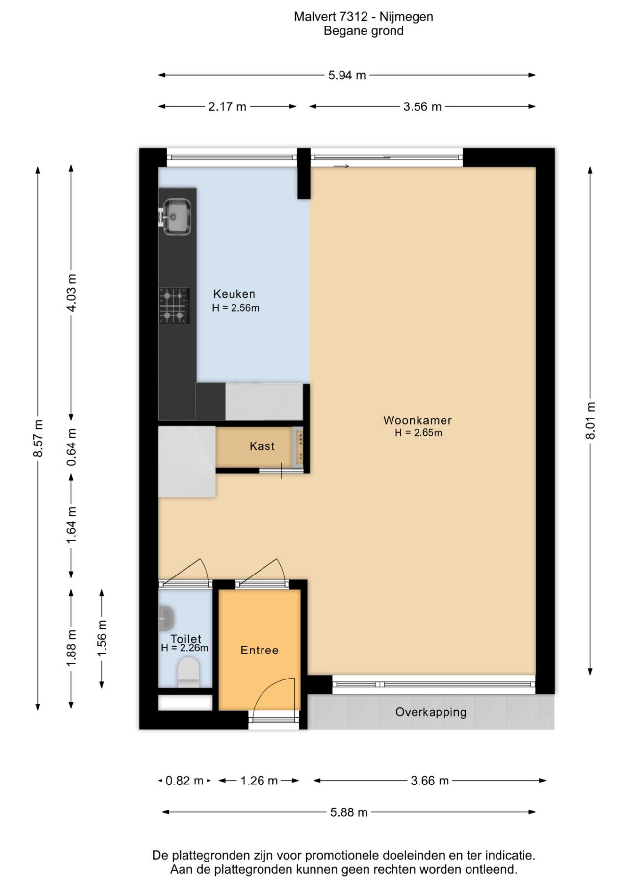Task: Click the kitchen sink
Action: pos(176,216)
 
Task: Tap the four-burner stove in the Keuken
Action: pos(174,306)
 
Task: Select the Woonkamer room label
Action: pos(418,420)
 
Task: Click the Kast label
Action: pos(262,446)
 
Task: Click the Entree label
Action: pos(260,650)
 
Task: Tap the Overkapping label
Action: pos(431,712)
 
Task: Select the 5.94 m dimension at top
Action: pos(347,75)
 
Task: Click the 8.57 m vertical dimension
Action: pos(38,438)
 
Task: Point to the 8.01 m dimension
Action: pos(590,421)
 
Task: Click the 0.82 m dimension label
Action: pos(184,781)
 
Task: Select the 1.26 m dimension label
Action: pos(259,781)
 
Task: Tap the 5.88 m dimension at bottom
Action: pos(349,812)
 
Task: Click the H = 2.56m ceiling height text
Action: pos(235,308)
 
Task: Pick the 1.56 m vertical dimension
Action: pos(102,638)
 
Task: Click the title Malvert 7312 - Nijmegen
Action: pos(364,17)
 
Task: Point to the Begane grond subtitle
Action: pos(364,31)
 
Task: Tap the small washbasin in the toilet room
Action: pos(166,618)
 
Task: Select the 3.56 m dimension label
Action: pos(422,106)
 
